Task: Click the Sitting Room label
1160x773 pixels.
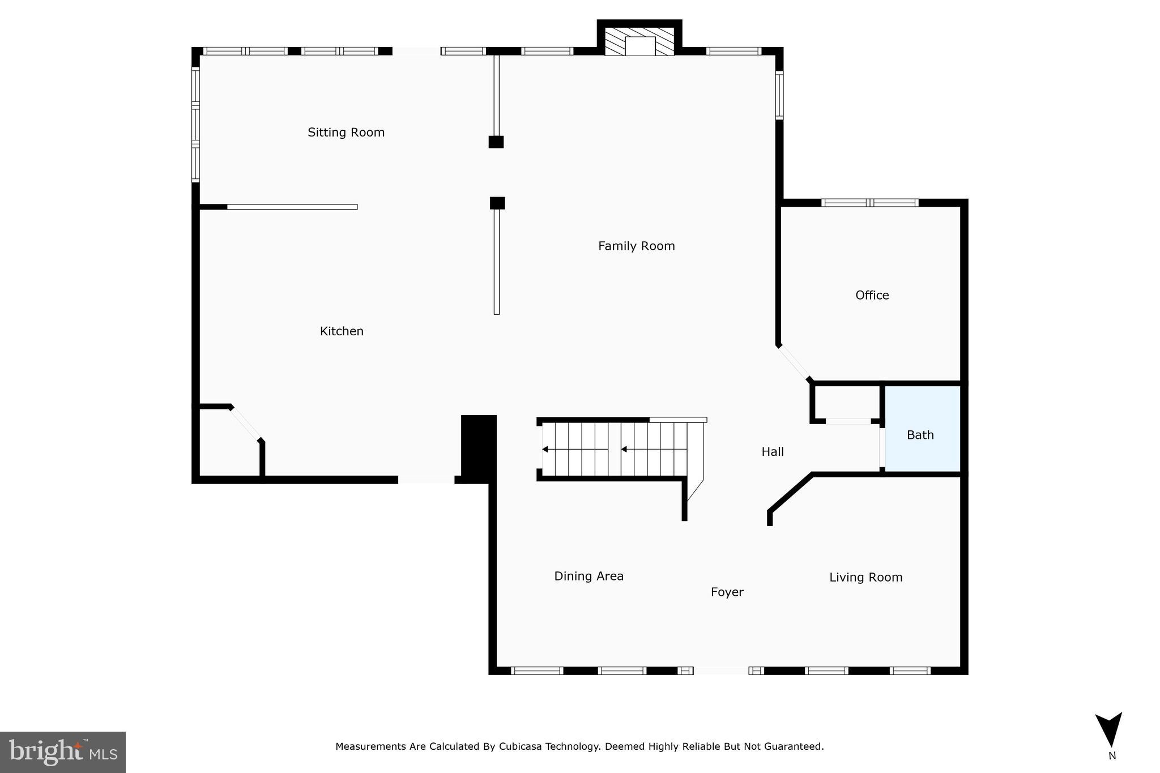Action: pos(346,133)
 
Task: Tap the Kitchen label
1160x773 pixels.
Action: pos(342,331)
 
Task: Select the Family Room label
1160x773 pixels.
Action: pos(636,246)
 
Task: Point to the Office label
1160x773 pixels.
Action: pos(872,295)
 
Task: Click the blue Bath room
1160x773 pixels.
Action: pos(922,430)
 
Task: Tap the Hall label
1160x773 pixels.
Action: pos(773,452)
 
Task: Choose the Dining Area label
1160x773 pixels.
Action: pos(588,576)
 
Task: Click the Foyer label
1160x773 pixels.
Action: pos(727,592)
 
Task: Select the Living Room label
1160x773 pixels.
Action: pos(865,578)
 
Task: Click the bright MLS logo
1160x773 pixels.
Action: pos(63,752)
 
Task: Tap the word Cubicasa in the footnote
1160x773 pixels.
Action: pos(521,746)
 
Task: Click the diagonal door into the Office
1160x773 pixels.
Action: pos(795,362)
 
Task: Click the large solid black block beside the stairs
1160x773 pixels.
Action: pos(479,447)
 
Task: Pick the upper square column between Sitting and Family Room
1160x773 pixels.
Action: pos(496,142)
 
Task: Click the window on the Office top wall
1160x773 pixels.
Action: pos(869,203)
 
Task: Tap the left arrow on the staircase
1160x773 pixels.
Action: pos(545,449)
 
